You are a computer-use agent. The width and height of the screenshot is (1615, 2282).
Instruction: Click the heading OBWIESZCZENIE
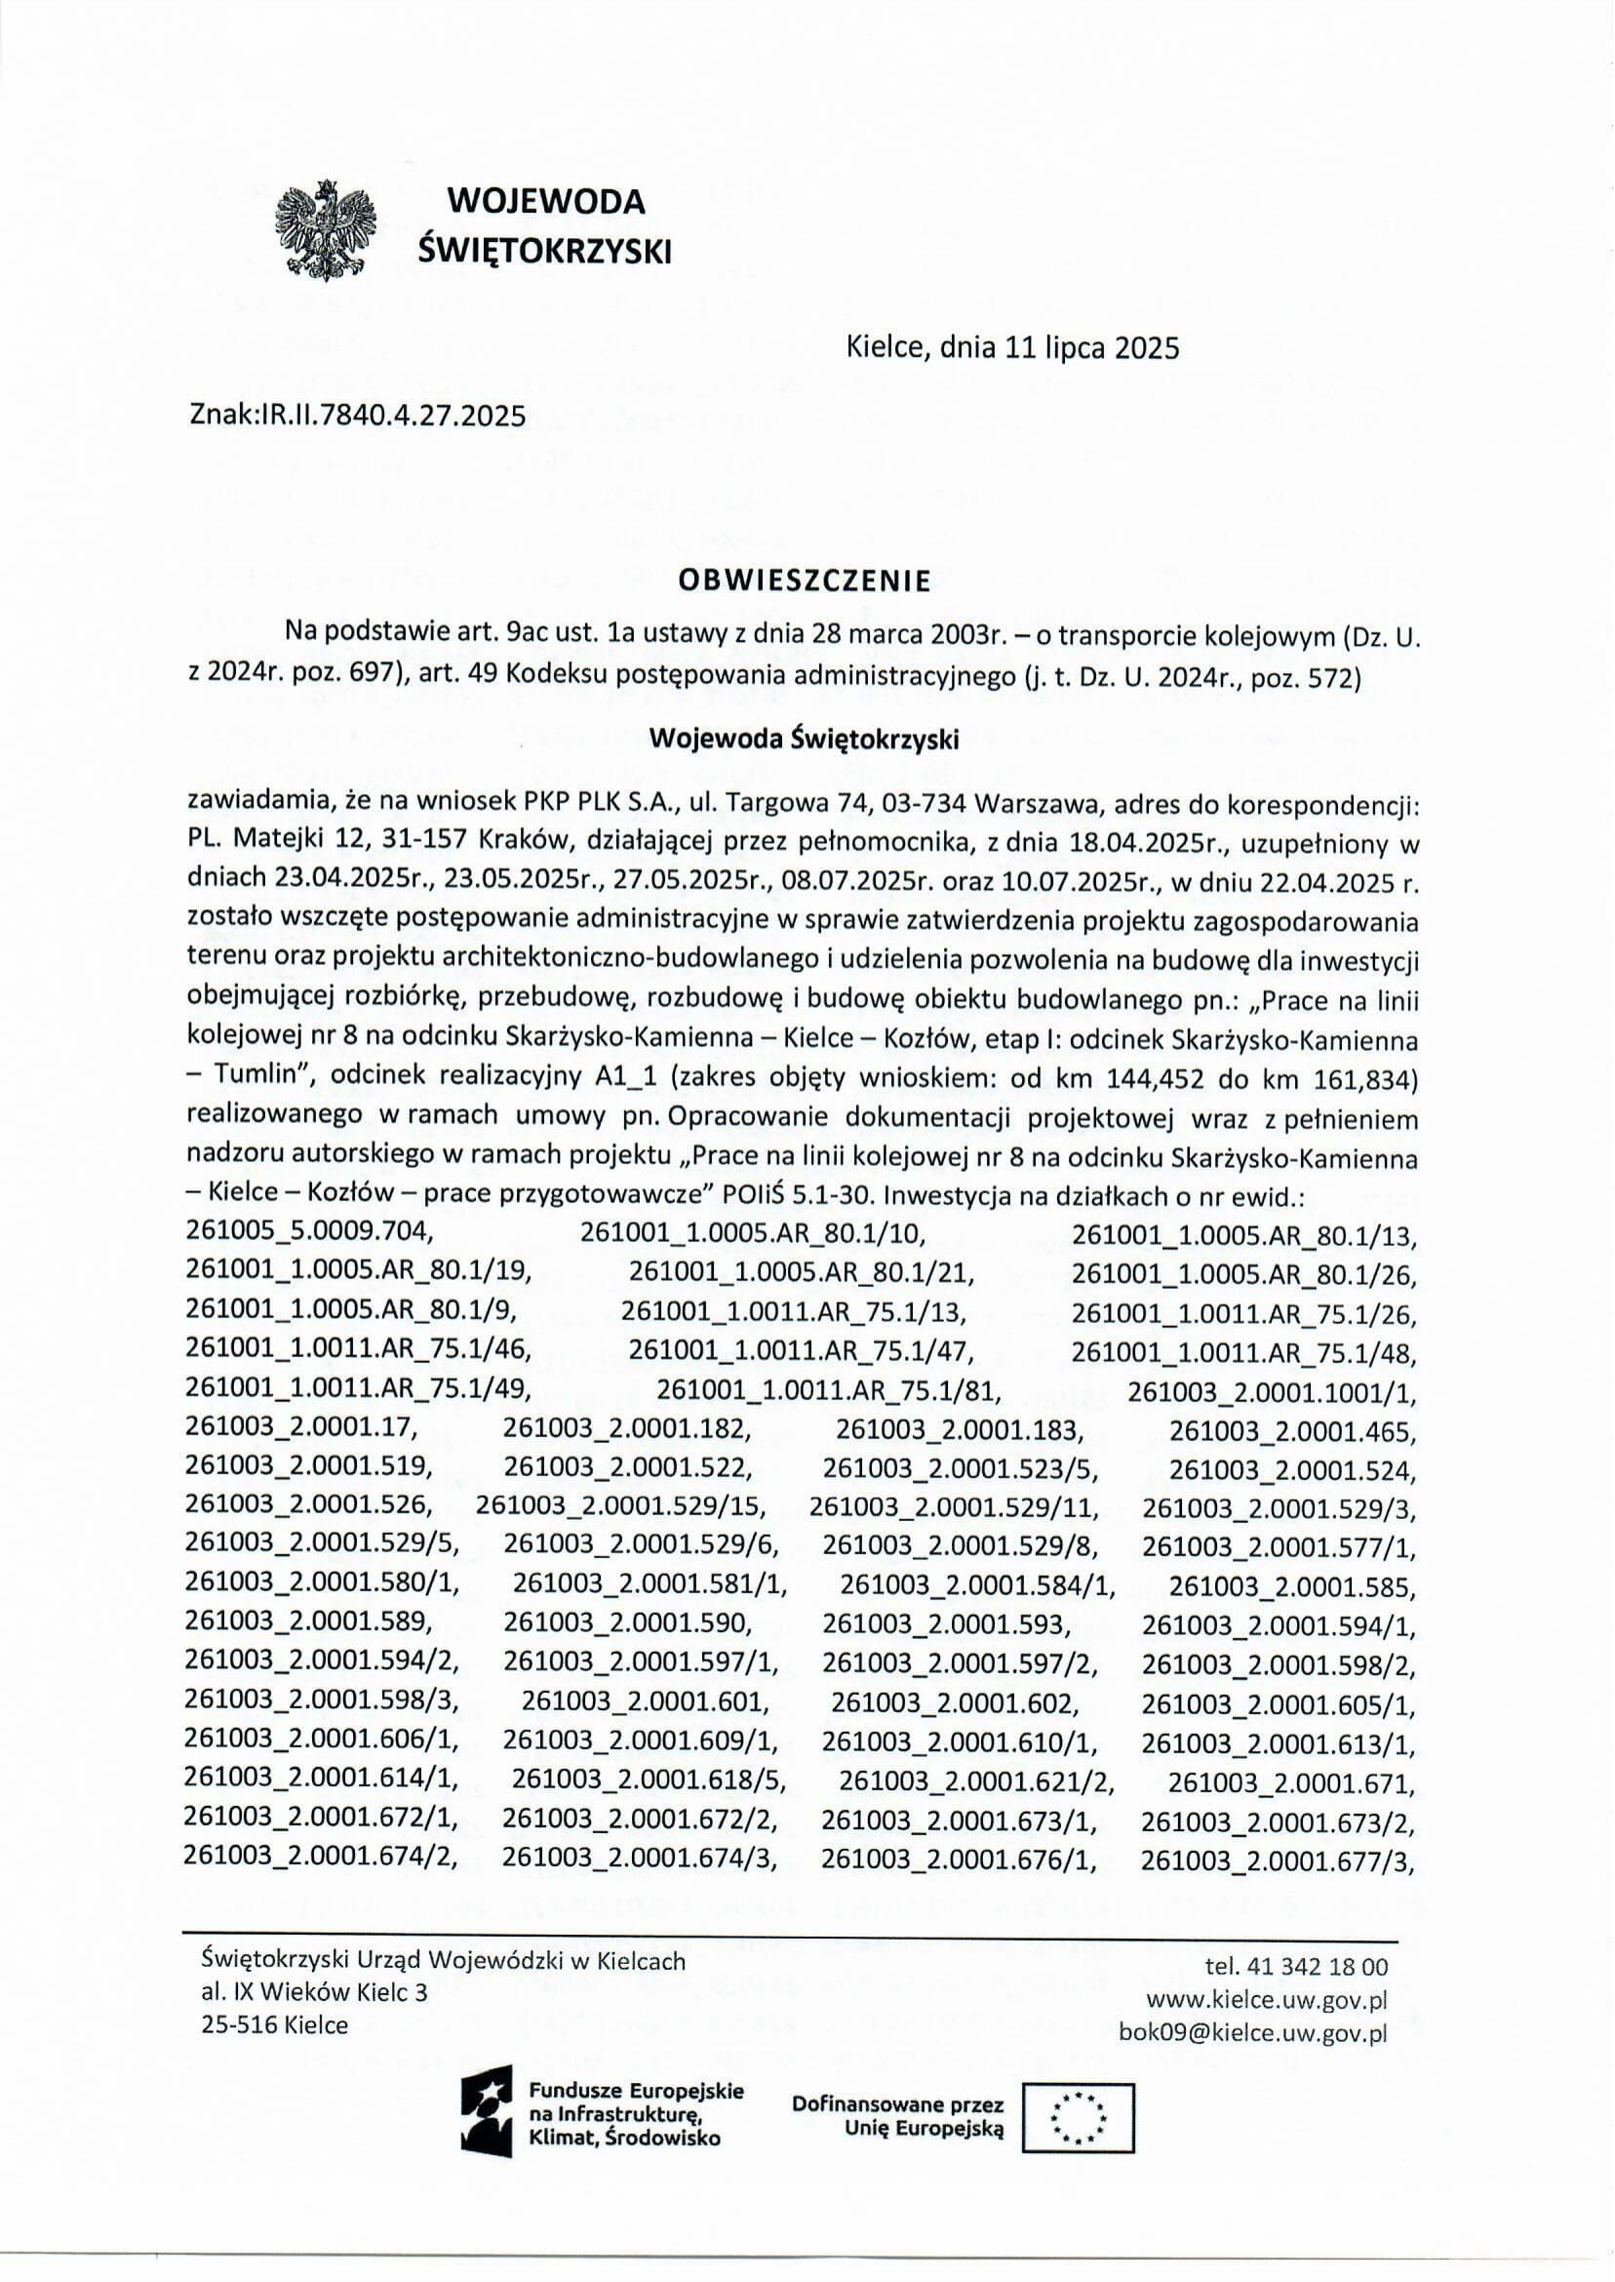click(x=805, y=581)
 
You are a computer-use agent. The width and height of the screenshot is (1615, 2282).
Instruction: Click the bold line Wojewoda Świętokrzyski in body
click(x=804, y=740)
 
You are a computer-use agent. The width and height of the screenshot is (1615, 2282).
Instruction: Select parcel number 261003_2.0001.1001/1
click(x=1272, y=1390)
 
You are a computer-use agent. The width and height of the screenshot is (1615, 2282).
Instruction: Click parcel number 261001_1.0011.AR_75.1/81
click(x=828, y=1390)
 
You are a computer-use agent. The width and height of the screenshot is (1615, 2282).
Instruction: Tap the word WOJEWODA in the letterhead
click(x=546, y=202)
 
